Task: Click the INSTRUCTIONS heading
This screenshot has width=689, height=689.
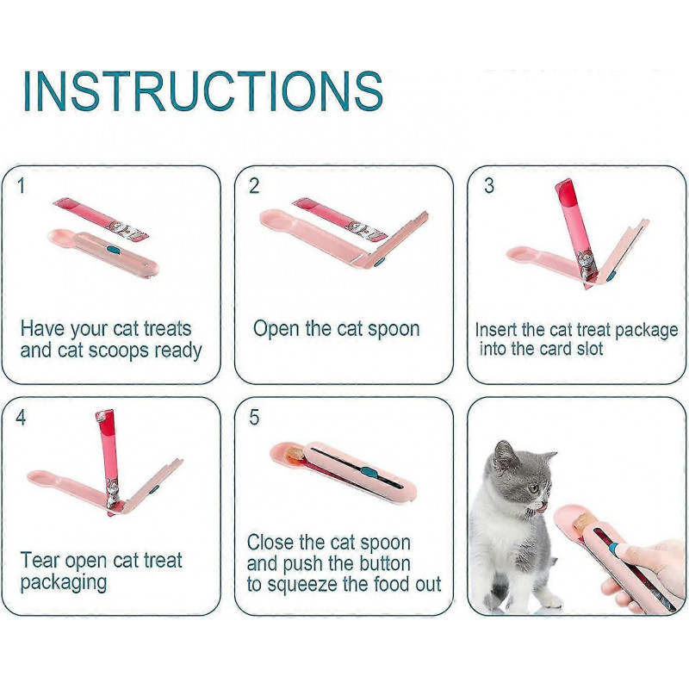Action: coord(202,90)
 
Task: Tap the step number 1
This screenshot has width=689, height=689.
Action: coord(21,186)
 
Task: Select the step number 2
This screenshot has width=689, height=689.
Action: coord(254,186)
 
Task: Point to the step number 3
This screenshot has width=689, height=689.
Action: coord(488,186)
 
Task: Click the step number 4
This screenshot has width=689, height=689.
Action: coord(21,418)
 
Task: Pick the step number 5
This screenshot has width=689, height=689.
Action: coord(254,418)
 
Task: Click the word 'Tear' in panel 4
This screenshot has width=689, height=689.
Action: coord(40,561)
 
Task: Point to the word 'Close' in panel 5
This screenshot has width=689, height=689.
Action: coord(271,543)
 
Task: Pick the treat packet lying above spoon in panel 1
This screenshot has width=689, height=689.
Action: coord(102,219)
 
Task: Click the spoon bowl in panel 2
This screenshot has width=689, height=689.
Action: coord(280,226)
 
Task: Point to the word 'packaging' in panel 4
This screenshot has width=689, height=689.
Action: coord(64,583)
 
